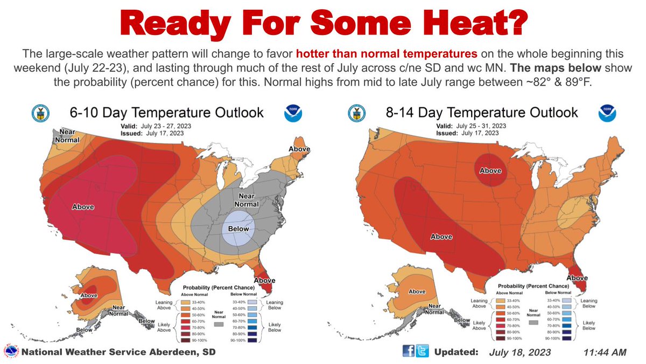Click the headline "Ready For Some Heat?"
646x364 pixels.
point(323,24)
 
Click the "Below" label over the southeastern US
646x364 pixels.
point(238,229)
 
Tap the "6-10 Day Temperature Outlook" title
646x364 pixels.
point(167,112)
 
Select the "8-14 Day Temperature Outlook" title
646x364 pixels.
point(481,112)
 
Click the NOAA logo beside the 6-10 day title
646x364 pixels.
point(293,113)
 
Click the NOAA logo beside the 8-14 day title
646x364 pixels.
point(607,113)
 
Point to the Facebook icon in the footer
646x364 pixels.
point(409,352)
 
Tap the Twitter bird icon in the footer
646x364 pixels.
point(422,352)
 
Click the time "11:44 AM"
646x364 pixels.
point(605,352)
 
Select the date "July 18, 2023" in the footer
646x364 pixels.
point(521,352)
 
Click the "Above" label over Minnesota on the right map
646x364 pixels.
point(490,170)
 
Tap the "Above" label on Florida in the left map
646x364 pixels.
point(264,280)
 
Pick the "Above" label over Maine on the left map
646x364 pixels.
point(299,149)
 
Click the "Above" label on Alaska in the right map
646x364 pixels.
point(417,291)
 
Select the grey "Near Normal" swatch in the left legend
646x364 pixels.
point(219,325)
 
